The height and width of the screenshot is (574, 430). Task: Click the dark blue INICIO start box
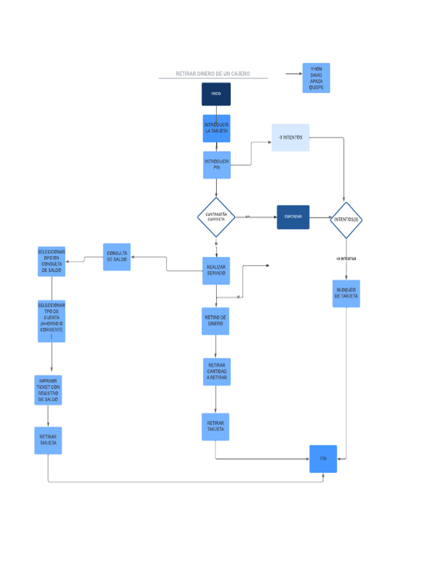click(216, 94)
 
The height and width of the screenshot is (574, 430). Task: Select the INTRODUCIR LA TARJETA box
click(216, 128)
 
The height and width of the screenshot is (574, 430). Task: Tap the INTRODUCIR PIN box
click(217, 165)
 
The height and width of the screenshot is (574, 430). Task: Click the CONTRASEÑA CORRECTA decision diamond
click(216, 217)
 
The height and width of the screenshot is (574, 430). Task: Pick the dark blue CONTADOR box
click(293, 217)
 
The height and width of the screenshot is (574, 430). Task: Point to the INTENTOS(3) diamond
click(347, 220)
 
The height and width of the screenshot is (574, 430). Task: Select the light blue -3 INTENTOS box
click(291, 137)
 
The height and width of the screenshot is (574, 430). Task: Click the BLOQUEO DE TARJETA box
click(346, 293)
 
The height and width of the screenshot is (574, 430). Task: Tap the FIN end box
click(323, 459)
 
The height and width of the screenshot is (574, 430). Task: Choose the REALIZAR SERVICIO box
click(216, 271)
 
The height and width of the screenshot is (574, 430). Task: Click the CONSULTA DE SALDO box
click(117, 257)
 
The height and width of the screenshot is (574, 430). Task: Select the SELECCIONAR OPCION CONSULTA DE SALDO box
click(52, 261)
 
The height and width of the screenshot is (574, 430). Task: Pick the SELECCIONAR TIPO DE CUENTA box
click(52, 321)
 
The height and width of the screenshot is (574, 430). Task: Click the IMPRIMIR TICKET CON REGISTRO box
click(48, 390)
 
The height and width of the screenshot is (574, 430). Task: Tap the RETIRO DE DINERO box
click(216, 321)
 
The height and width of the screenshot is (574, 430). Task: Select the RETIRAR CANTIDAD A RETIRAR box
click(216, 372)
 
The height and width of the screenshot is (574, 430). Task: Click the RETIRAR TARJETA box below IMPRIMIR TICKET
click(48, 440)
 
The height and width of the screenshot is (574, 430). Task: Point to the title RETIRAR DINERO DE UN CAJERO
click(213, 74)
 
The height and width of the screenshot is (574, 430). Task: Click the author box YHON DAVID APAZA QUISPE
click(316, 78)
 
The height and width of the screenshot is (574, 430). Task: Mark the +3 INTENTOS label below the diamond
click(346, 259)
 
